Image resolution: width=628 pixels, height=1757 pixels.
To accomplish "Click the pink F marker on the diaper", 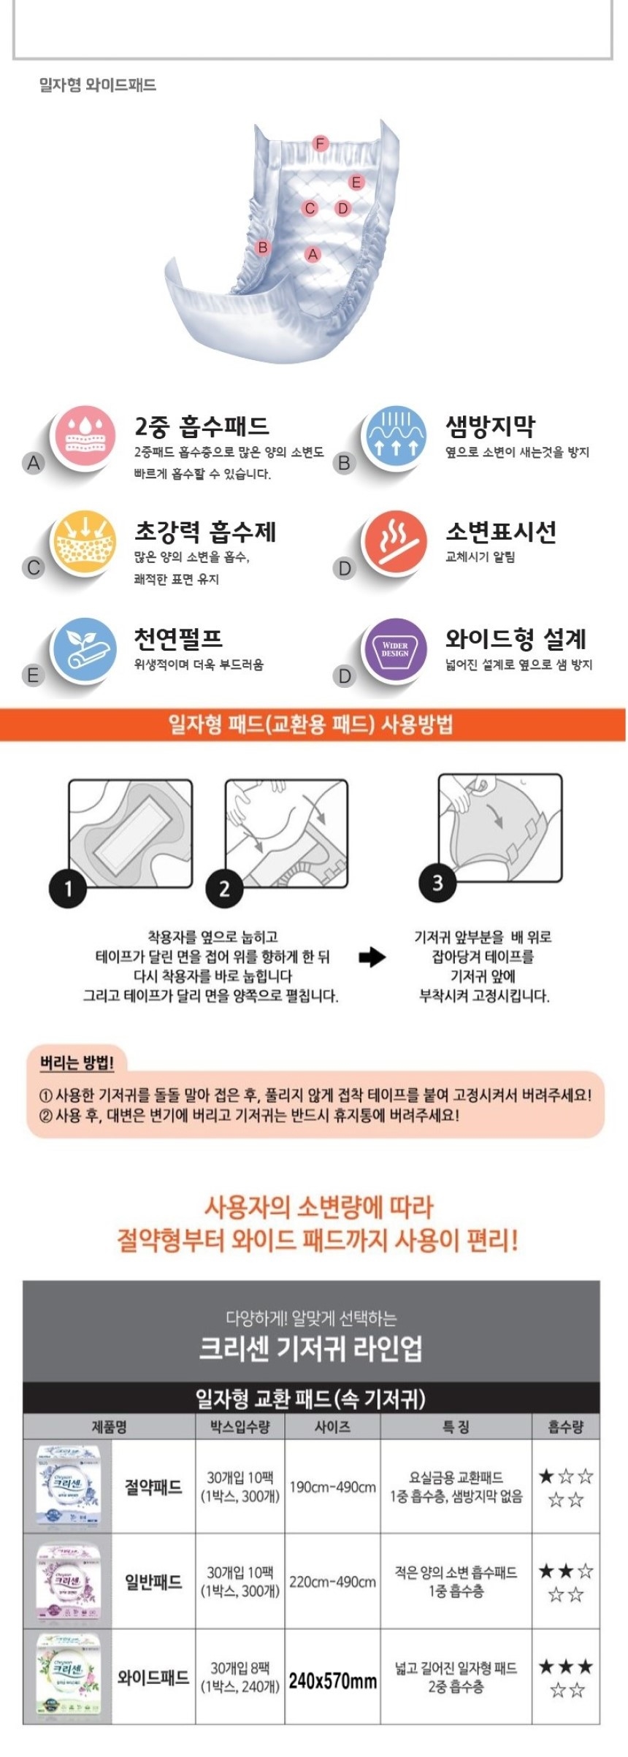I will tap(320, 143).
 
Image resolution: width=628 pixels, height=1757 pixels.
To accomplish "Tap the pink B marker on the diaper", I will tap(263, 248).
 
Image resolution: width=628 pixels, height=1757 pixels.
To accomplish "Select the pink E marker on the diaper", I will tap(356, 182).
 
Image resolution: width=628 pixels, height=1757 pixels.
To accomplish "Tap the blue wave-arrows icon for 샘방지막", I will tap(395, 436).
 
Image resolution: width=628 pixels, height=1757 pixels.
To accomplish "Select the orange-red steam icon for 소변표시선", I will tap(395, 542).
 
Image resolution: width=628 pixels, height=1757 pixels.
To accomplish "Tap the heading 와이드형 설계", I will tap(516, 639).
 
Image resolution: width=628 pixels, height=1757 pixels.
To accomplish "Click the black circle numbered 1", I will tap(67, 888).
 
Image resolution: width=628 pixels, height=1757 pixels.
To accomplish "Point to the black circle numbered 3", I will tap(437, 883).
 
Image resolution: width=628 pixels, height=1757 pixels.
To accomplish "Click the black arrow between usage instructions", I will tap(372, 957).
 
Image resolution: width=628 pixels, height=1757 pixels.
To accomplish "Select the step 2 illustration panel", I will tap(286, 832).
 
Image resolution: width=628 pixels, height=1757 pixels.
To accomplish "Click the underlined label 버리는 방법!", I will tap(77, 1063).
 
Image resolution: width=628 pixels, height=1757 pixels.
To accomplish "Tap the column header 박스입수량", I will tap(240, 1426).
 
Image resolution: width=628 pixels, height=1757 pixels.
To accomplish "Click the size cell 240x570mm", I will tap(332, 1680).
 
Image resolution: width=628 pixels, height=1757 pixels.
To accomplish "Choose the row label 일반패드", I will tap(153, 1582).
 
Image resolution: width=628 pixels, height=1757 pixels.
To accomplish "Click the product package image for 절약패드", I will tap(68, 1487).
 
